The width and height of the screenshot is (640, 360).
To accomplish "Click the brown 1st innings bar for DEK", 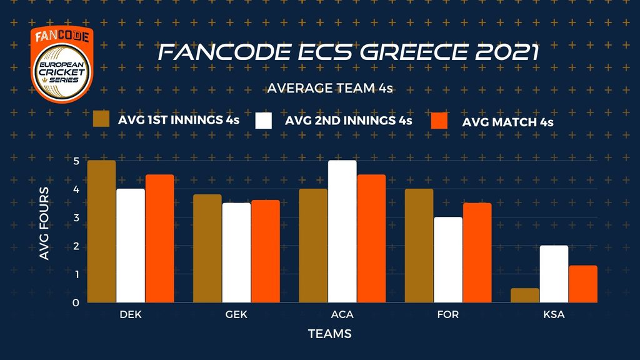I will pyautogui.click(x=101, y=232).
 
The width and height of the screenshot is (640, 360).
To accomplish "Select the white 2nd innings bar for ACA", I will pyautogui.click(x=342, y=232).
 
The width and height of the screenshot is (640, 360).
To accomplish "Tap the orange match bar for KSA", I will pyautogui.click(x=582, y=284).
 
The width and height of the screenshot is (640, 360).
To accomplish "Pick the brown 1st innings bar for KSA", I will pyautogui.click(x=525, y=296).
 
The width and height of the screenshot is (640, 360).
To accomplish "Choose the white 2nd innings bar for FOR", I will pyautogui.click(x=447, y=260).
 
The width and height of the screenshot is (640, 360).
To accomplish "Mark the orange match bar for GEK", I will pyautogui.click(x=265, y=251).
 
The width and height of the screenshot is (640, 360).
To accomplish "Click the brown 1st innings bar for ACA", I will pyautogui.click(x=313, y=246).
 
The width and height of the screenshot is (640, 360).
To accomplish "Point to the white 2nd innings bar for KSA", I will pyautogui.click(x=554, y=274).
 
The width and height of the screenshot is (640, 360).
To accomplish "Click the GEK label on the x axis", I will pyautogui.click(x=236, y=315).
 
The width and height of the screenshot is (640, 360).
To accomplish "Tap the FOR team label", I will pyautogui.click(x=447, y=315).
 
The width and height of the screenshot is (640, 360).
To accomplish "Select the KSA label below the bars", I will pyautogui.click(x=554, y=315).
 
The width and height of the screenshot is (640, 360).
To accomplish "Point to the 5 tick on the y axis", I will pyautogui.click(x=76, y=161).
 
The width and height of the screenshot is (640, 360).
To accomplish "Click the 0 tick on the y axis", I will pyautogui.click(x=76, y=303).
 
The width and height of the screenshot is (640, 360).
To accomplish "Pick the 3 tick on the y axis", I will pyautogui.click(x=76, y=217).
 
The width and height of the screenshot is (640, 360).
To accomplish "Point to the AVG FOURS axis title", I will pyautogui.click(x=45, y=231).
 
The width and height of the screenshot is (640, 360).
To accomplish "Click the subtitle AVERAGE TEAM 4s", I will pyautogui.click(x=329, y=89).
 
